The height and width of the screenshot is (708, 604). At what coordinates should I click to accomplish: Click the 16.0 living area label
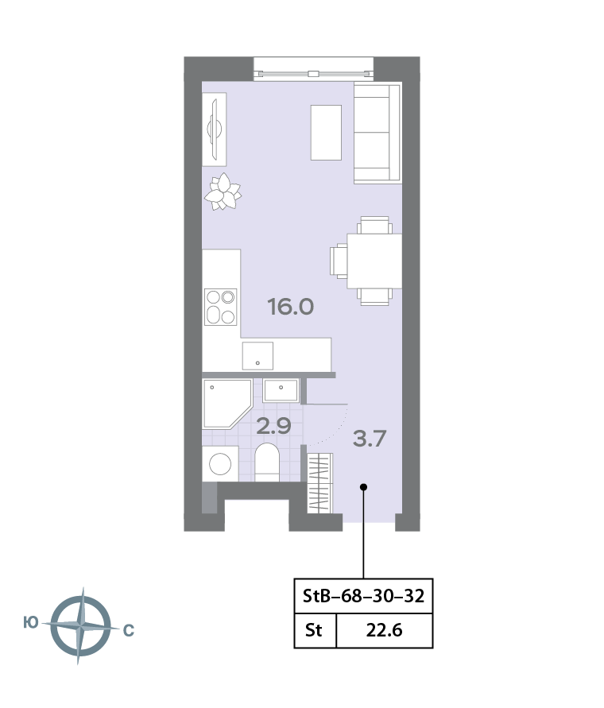click(291, 307)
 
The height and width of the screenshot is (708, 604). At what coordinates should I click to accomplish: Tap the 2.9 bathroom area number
click(273, 426)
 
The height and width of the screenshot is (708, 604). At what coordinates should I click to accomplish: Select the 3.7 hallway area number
click(369, 439)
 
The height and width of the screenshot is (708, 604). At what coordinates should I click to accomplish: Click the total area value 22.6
click(384, 630)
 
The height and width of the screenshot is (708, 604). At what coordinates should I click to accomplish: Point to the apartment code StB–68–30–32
click(363, 596)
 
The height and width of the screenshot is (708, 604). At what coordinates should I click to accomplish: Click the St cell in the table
click(313, 630)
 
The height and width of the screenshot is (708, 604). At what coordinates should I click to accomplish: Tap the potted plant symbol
click(223, 192)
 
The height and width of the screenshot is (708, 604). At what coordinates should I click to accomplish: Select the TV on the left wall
click(215, 130)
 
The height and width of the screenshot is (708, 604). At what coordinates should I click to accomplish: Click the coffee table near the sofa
click(326, 132)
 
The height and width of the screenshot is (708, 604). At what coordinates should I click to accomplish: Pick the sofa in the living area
click(377, 133)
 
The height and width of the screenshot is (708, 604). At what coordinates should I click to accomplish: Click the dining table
click(374, 261)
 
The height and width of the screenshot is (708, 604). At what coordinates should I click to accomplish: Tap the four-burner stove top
click(220, 307)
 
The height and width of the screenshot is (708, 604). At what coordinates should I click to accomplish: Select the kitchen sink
click(257, 356)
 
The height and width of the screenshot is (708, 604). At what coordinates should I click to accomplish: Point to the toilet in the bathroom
click(267, 462)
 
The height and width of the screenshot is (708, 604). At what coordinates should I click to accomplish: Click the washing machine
click(220, 464)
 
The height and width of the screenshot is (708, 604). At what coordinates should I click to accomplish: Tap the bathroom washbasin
click(281, 391)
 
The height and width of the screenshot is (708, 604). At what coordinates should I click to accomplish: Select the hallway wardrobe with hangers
click(319, 483)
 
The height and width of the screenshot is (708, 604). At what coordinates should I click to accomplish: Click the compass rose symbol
click(80, 626)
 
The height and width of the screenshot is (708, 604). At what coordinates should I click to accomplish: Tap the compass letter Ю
click(31, 623)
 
